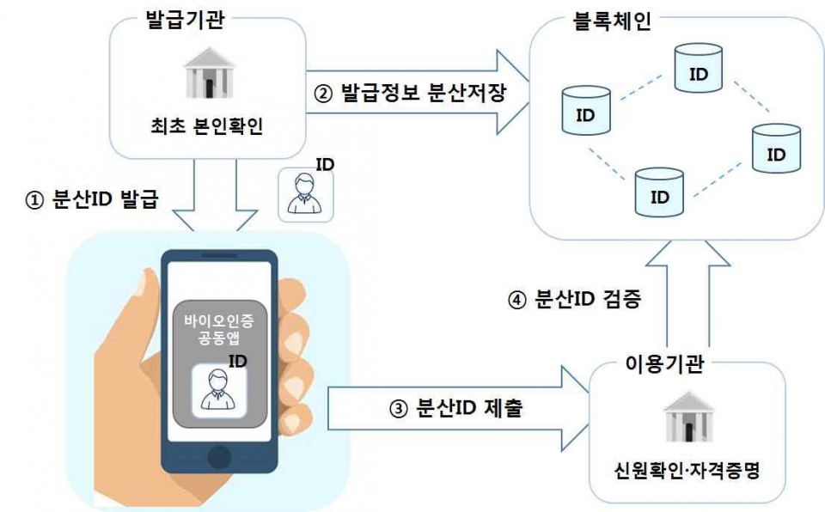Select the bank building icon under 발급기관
pyautogui.click(x=206, y=76)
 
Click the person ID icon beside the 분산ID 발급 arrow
pyautogui.click(x=302, y=192)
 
